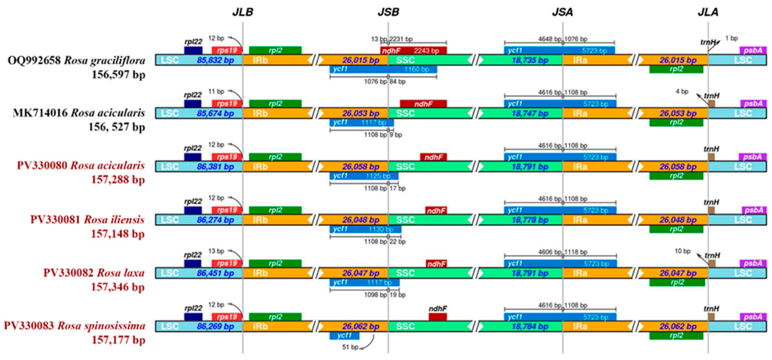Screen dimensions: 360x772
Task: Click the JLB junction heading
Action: coord(243,12)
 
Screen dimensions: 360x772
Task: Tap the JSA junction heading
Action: coord(563,12)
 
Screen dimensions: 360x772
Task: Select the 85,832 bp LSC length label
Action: coord(215,60)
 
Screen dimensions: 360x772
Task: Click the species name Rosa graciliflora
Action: coord(104,60)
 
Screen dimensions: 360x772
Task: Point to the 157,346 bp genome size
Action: coord(118,287)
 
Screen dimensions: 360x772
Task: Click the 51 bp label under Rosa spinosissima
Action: coord(350,347)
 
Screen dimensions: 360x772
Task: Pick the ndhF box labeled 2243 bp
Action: coord(413,51)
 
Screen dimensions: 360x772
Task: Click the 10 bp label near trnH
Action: coord(682,251)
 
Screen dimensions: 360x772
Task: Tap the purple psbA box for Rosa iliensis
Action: coord(754,210)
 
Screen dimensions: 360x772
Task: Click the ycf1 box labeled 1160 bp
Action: coord(383,69)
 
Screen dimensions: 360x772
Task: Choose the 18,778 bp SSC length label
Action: coord(530,220)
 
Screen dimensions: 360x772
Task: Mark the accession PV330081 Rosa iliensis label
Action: coord(87,220)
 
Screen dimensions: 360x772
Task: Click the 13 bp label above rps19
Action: coord(216,251)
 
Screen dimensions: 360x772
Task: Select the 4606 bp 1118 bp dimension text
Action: coord(563,252)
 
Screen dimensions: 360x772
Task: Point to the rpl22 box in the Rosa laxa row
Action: coord(193,263)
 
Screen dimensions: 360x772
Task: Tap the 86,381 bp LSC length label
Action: coord(215,167)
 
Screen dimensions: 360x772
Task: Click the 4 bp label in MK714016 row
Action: coord(682,91)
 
